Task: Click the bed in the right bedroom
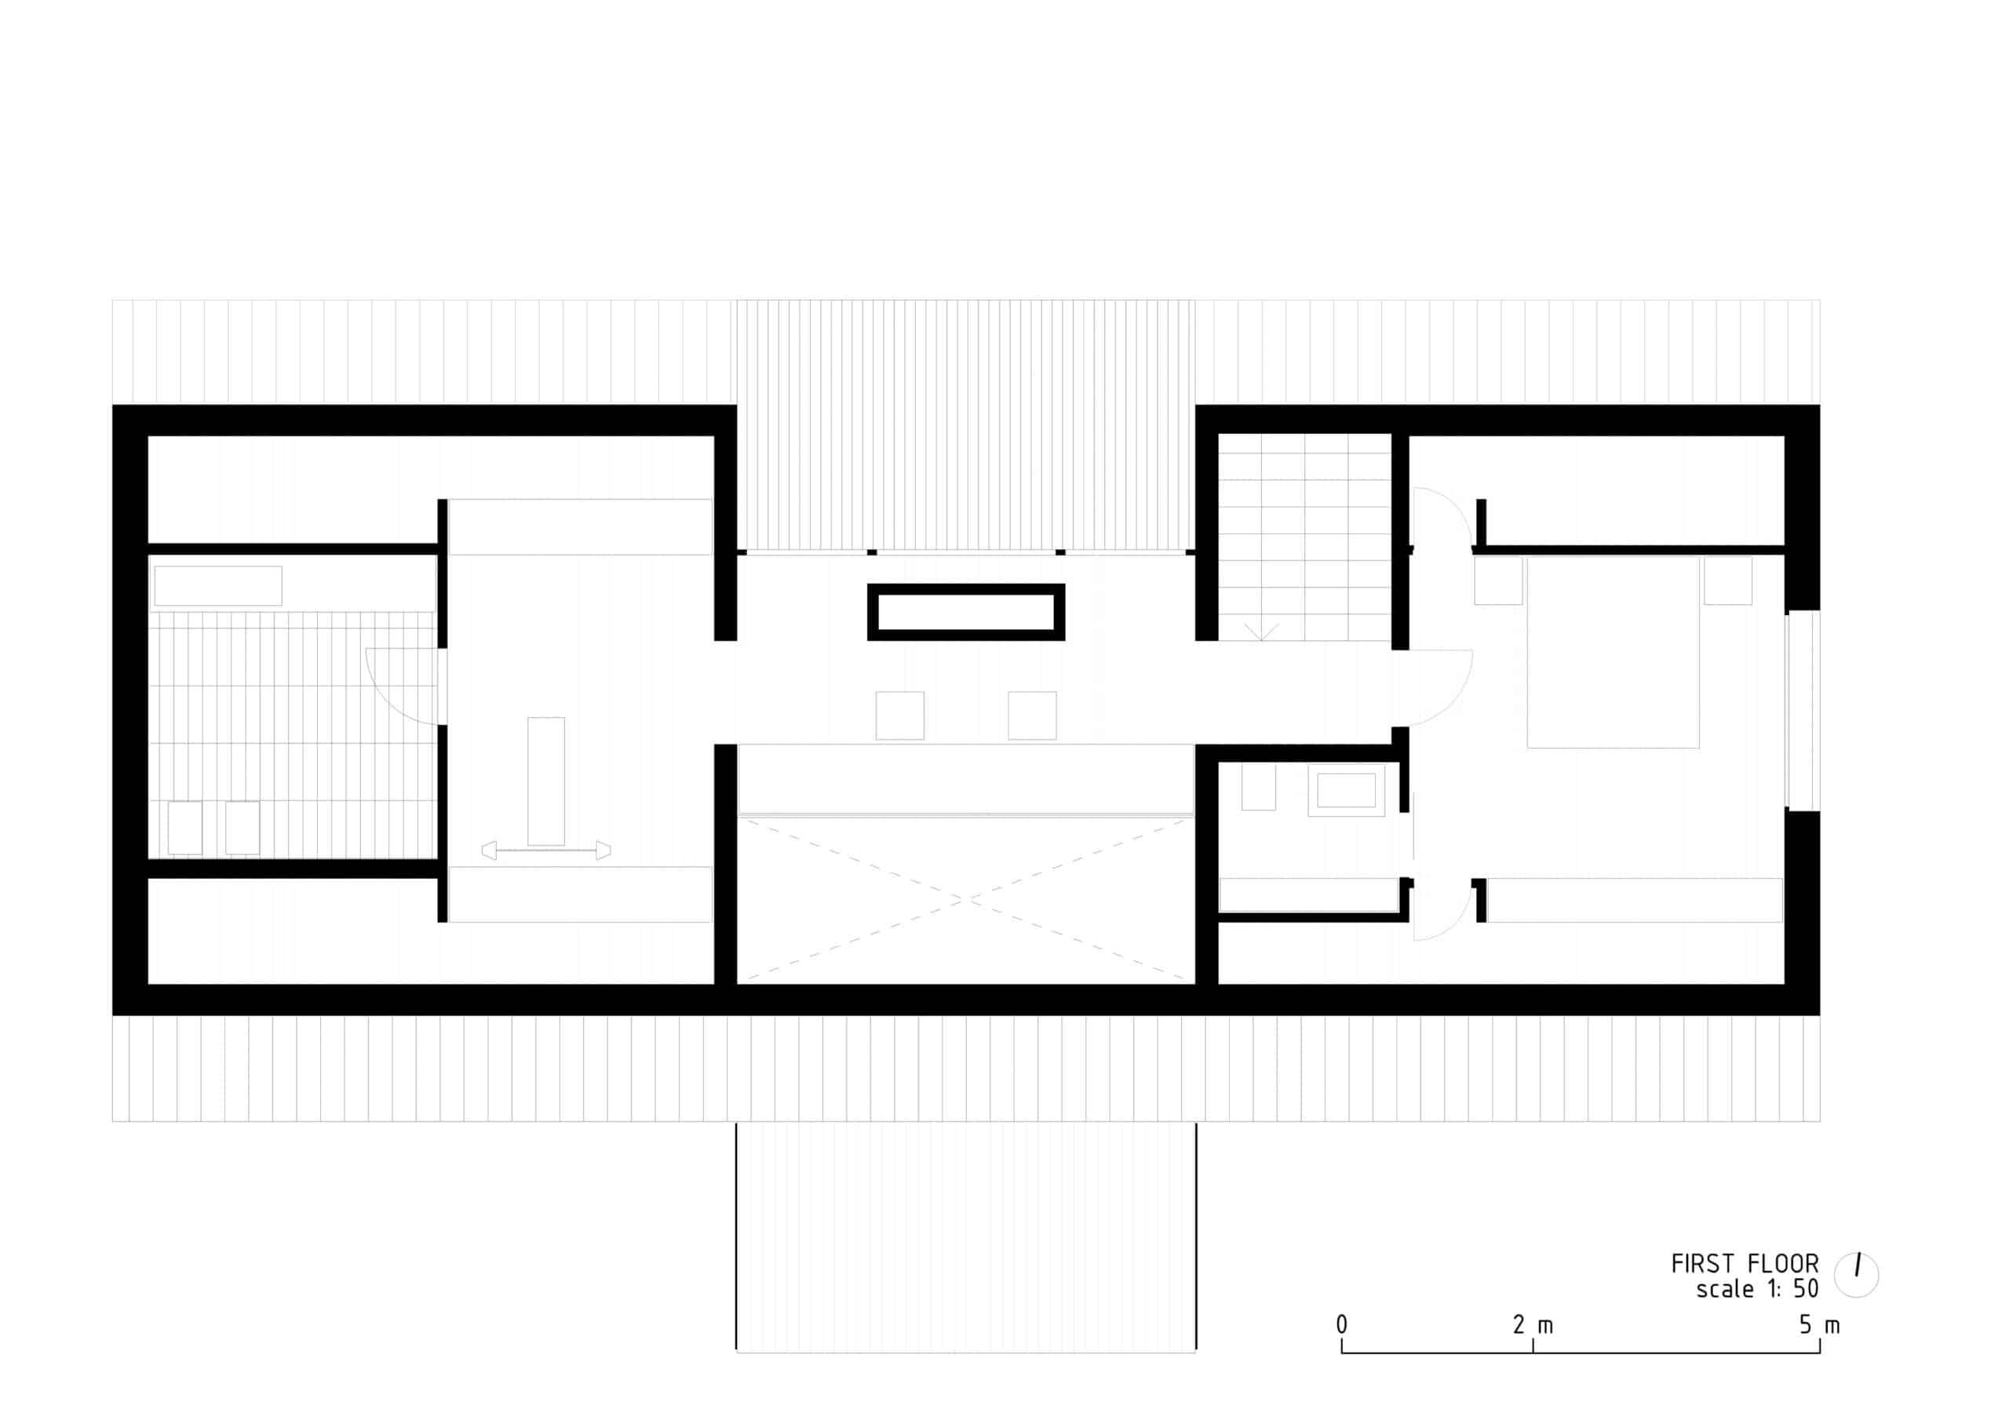point(1613,652)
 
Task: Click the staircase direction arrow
point(1261,632)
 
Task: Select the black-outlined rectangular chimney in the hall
point(966,613)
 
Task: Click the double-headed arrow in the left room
point(546,850)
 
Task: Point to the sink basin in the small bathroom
point(1347,790)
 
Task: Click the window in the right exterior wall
point(1803,711)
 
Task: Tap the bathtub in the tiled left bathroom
point(218,585)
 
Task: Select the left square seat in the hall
point(899,715)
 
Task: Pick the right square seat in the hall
point(1032,715)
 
